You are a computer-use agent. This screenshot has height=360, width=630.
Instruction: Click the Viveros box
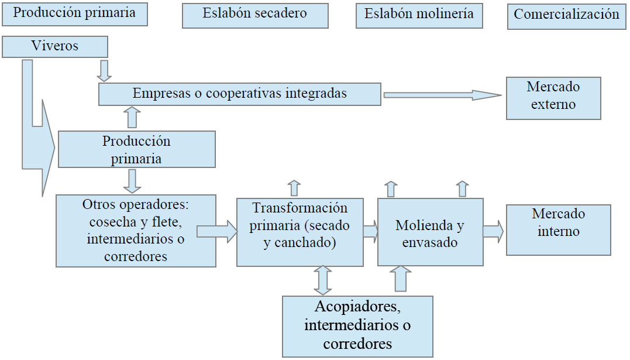coord(55,47)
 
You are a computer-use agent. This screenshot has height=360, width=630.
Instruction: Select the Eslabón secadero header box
coord(254,15)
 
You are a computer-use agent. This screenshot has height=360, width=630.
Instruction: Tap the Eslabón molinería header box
coord(419,15)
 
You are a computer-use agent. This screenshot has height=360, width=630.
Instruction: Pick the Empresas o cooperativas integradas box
coord(239,94)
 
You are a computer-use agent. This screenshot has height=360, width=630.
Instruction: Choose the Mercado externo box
coord(553,97)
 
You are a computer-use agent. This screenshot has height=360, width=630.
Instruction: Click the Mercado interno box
coord(558,229)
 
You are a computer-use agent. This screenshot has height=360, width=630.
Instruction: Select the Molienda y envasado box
coord(430,232)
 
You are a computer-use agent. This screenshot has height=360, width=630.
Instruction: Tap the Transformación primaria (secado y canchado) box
coord(299,232)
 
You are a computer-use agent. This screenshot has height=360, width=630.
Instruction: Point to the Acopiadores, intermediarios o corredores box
coord(357,326)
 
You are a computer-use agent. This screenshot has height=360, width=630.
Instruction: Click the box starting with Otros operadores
coord(136,231)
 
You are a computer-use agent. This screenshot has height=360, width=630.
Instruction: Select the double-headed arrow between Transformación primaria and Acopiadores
coord(322,280)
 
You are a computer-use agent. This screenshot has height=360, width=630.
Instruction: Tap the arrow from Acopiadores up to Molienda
coord(401,279)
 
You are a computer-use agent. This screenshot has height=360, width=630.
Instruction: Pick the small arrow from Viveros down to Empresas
coord(104,70)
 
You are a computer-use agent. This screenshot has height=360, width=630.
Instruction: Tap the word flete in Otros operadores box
coord(167,222)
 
